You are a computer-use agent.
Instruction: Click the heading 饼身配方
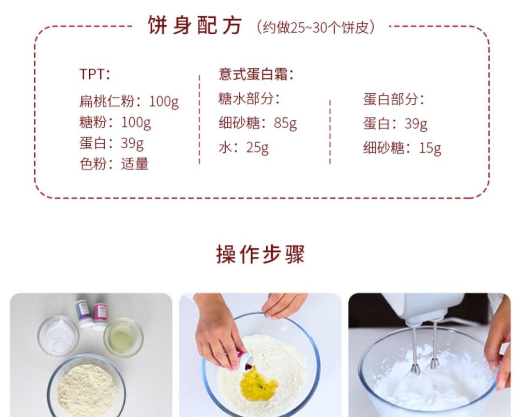pos(194,26)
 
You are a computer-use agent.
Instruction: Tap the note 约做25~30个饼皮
pos(315,27)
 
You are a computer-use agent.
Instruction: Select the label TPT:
pos(95,74)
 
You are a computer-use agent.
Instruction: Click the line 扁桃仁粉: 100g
pos(129,101)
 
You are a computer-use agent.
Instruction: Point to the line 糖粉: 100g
pos(115,122)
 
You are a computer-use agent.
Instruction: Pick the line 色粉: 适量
pos(113,164)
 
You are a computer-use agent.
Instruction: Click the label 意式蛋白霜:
pos(256,74)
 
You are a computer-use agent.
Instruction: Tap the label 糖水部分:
pos(249,99)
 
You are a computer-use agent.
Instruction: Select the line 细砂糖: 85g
pos(258,123)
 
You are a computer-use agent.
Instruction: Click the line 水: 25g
pos(243,147)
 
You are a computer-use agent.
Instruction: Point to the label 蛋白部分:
pos(394,99)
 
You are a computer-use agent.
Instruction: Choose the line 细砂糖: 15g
pos(402,148)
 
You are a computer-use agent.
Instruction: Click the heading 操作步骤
pos(260,254)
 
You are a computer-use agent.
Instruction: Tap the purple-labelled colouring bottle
pos(83,313)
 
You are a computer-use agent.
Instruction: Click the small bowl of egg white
pos(123,336)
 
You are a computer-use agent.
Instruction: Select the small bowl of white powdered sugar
pos(59,334)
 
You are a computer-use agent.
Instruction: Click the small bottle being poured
pos(246,360)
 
